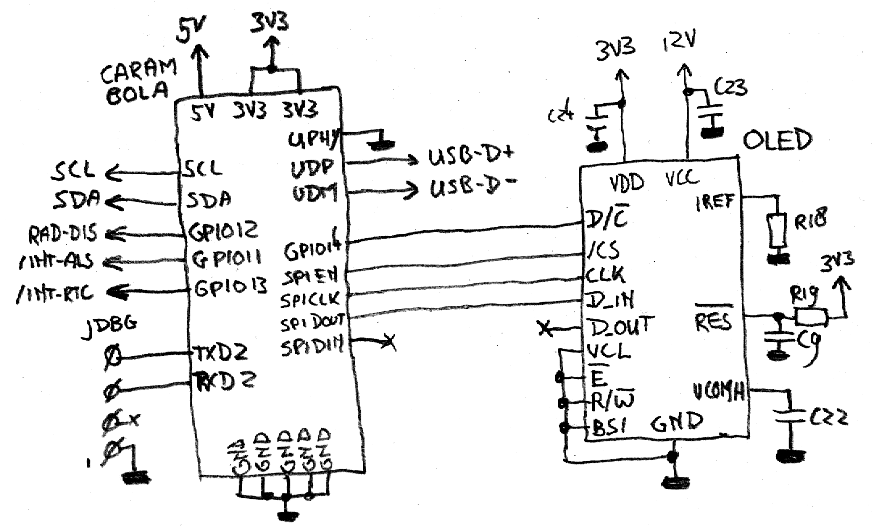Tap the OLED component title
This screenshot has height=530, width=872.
776,140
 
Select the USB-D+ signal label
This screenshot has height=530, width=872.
471,155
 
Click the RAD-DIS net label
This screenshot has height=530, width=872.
63,234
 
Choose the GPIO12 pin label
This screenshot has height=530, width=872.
223,231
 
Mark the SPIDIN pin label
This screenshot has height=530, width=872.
312,347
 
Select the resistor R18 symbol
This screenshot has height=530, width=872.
778,229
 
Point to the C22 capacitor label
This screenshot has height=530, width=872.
828,418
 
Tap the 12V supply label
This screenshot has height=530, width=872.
680,40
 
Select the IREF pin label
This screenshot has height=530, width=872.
715,203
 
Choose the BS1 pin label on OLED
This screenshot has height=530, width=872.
610,427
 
